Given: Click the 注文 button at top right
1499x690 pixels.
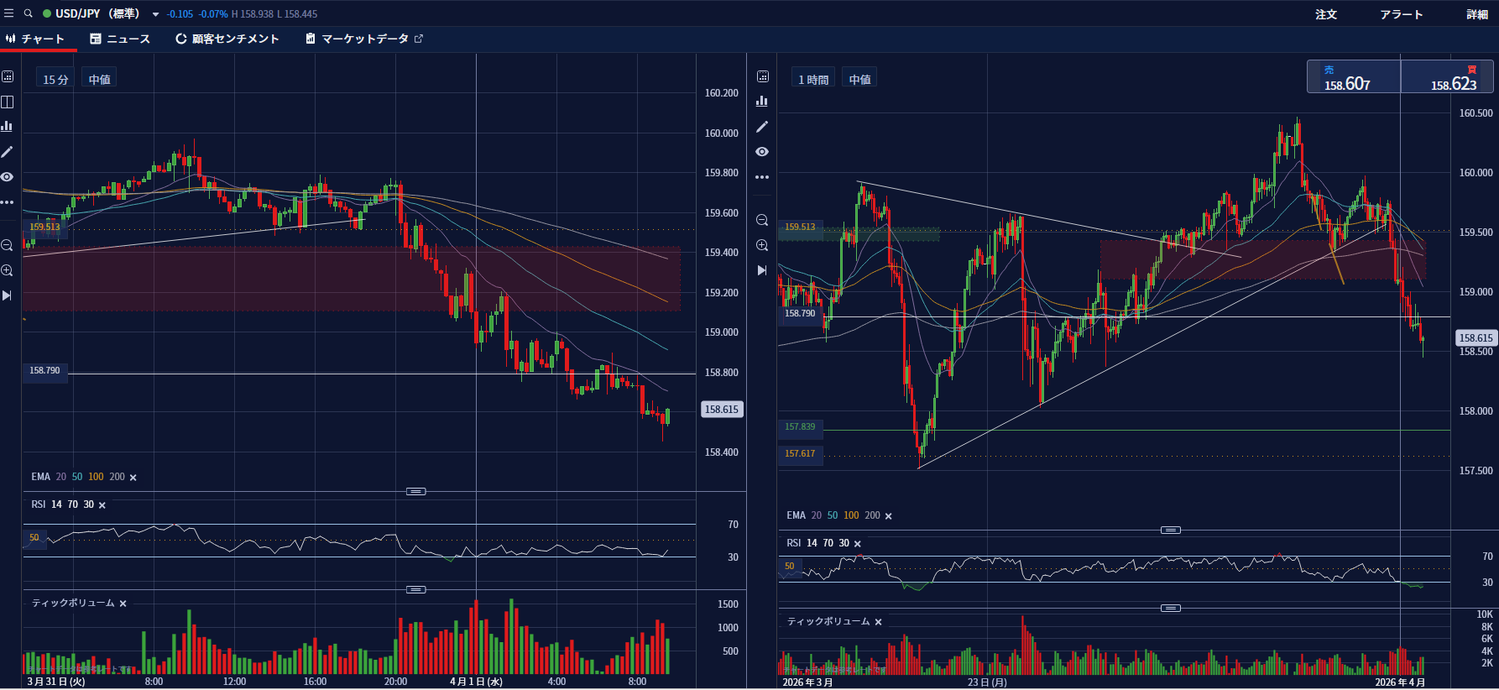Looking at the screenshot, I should click(1326, 14).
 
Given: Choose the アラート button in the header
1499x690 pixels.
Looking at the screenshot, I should click(1402, 14).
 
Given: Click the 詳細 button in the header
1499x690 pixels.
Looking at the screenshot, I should click(1477, 14).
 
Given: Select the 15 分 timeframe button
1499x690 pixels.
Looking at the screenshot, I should click(55, 79).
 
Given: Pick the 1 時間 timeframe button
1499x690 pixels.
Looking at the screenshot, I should click(813, 79).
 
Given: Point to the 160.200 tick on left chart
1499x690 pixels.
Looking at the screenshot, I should click(721, 93).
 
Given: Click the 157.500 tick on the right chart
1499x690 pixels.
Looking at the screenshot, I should click(1475, 471).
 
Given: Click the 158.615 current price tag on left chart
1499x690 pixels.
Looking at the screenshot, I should click(722, 410).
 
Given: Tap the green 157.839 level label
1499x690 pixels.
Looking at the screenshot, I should click(800, 426).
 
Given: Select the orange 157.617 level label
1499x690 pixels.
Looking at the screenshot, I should click(800, 453).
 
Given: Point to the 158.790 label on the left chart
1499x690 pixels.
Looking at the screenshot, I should click(44, 370).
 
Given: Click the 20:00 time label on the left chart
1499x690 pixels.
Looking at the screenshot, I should click(395, 682).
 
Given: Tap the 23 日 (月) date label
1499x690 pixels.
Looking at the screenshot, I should click(987, 682).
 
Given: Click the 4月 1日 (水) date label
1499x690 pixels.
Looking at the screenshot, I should click(476, 682).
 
